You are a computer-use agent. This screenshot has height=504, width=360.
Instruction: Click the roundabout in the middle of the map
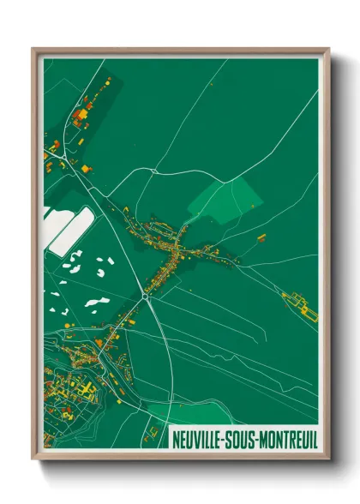[147, 292]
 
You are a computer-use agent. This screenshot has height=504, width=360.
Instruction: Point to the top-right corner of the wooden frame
[328, 50]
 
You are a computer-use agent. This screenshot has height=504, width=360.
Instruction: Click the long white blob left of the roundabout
[96, 302]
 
